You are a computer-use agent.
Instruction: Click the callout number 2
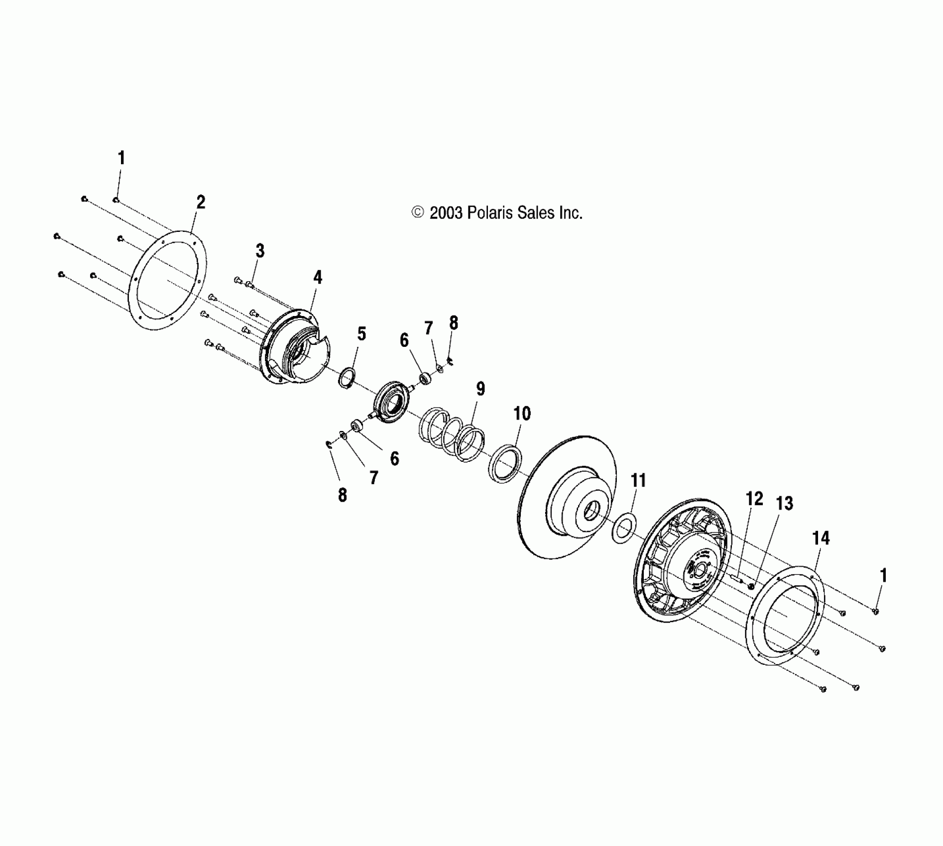200,203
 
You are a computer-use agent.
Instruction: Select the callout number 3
260,251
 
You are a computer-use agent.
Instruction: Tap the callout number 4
318,277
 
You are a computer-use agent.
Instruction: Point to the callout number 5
361,334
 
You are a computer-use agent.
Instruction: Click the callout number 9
480,389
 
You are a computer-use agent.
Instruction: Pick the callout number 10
522,414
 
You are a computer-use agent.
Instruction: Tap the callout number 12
754,499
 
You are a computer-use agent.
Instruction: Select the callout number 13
784,504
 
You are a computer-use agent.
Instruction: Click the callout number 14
821,538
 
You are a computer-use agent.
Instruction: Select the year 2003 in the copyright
447,213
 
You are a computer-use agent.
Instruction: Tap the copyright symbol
417,213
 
